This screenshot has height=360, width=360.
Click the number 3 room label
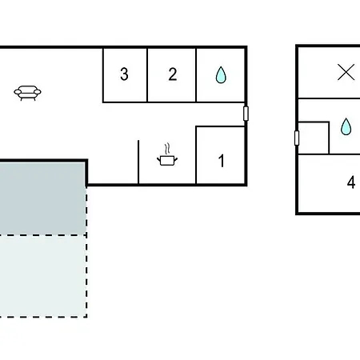124,74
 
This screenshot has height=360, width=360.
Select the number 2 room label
173,74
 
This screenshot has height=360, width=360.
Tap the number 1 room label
222,161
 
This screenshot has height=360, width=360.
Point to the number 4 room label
351,182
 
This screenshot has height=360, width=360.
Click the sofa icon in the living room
27,93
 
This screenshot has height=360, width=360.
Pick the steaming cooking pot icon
167,154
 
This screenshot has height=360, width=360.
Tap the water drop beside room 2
221,75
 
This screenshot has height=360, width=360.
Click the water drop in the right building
346,126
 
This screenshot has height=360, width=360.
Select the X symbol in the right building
346,72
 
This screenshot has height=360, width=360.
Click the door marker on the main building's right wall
246,114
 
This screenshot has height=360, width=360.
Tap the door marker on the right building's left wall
297,138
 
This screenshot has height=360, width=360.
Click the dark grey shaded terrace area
42,198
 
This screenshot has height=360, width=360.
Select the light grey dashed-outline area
42,276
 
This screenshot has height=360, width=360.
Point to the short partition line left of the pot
138,162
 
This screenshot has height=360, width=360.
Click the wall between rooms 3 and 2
147,75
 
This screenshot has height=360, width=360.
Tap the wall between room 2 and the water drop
196,75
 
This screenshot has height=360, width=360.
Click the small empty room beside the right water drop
314,138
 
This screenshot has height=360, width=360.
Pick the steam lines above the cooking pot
167,149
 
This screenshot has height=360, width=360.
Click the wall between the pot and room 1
196,155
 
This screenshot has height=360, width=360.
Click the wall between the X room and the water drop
330,98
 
